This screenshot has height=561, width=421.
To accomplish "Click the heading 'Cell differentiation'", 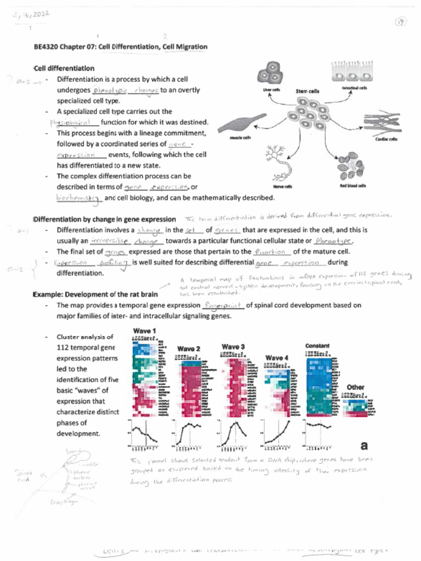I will [64, 68].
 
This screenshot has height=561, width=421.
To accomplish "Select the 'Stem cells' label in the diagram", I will [308, 91].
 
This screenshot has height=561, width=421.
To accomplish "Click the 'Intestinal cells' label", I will [355, 88].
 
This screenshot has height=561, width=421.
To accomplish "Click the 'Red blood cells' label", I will [353, 186].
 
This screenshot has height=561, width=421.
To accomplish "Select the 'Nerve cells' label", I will [283, 186].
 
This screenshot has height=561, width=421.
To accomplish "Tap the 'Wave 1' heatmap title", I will [144, 331].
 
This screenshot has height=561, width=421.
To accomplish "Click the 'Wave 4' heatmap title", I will [277, 358].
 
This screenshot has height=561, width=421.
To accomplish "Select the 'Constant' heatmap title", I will [317, 346].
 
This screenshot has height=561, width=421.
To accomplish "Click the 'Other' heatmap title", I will [355, 387].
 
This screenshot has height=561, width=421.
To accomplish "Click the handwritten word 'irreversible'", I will [110, 241].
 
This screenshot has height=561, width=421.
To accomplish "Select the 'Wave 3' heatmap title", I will [233, 346].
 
